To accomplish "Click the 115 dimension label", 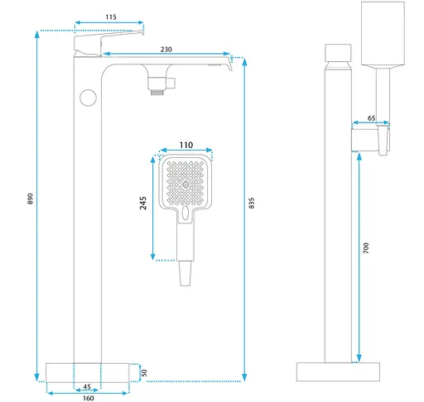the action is pyautogui.click(x=111, y=17).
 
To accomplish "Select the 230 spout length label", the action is pyautogui.click(x=166, y=50).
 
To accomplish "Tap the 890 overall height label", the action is pyautogui.click(x=30, y=199).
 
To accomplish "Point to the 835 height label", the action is pyautogui.click(x=252, y=203).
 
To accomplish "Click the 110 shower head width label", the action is pyautogui.click(x=186, y=145).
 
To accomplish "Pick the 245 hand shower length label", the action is pyautogui.click(x=143, y=203).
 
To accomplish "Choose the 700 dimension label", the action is pyautogui.click(x=366, y=248).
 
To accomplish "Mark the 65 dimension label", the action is pyautogui.click(x=371, y=118).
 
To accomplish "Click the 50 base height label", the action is pyautogui.click(x=144, y=373).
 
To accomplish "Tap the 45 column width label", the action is pyautogui.click(x=87, y=386).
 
